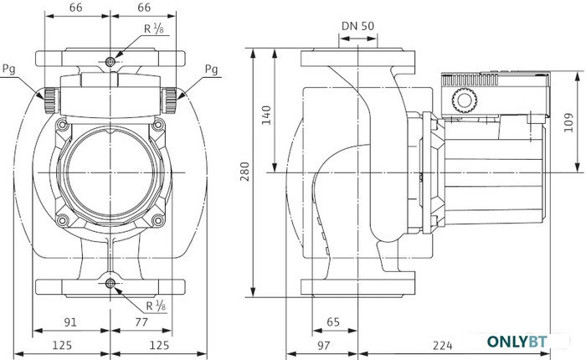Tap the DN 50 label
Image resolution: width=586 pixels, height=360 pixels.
pos(357,24)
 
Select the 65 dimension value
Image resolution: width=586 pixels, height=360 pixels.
pos(333,321)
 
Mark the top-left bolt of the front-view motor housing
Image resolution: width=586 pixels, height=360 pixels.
pos(62,126)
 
